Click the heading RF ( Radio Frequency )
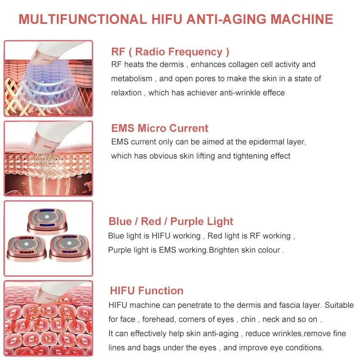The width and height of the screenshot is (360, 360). [x=170, y=52]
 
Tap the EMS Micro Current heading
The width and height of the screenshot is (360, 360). [x=160, y=128]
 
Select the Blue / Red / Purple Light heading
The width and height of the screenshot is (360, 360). [x=171, y=221]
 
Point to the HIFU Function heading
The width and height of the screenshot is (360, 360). [x=146, y=291]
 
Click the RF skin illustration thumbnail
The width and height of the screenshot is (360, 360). [x=48, y=79]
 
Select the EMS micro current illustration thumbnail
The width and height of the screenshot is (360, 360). [x=48, y=158]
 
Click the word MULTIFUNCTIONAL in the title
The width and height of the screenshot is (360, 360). [x=82, y=19]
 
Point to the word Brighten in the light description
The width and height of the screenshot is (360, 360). [x=224, y=250]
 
